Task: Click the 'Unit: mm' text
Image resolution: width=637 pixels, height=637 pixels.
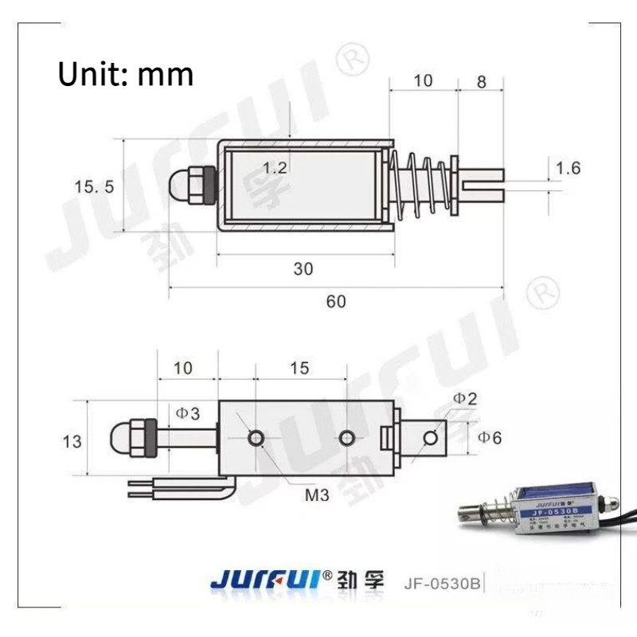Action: tap(126, 74)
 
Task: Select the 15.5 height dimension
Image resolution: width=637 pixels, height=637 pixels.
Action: tap(95, 187)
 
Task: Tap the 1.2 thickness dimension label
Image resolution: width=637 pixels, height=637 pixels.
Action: tap(275, 168)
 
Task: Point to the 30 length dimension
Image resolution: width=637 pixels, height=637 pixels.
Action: tap(303, 269)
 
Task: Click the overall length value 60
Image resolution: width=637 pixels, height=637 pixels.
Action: tap(336, 301)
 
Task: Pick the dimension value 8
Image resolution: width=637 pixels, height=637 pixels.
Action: tap(480, 80)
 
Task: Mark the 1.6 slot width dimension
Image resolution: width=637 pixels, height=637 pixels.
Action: tap(568, 168)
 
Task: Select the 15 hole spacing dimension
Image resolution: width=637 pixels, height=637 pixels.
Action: tap(300, 368)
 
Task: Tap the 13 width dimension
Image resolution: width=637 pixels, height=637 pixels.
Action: tap(72, 440)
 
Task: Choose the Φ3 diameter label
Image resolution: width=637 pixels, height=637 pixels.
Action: tap(188, 412)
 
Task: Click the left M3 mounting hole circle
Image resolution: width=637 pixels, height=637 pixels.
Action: tap(256, 438)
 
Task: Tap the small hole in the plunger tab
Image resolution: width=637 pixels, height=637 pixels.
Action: tap(432, 437)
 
